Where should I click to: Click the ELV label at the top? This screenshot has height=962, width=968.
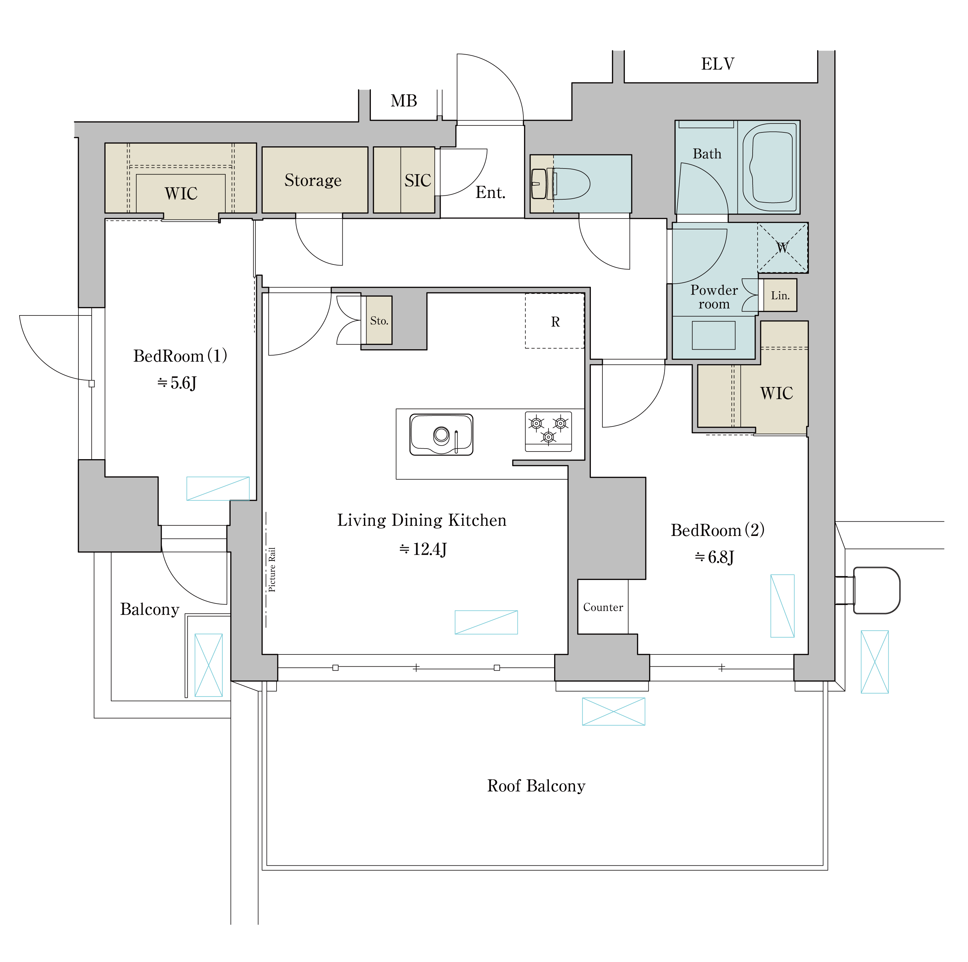[x=718, y=64]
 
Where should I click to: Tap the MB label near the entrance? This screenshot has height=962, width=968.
[x=404, y=101]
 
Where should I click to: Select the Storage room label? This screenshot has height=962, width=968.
[x=313, y=180]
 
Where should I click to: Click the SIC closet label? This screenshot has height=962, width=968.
[x=418, y=180]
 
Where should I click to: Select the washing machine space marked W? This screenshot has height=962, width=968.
[x=782, y=248]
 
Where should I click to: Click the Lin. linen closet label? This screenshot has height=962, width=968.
[x=780, y=296]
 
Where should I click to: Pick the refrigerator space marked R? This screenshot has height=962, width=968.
[x=555, y=321]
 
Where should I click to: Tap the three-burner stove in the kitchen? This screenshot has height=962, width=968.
[x=549, y=431]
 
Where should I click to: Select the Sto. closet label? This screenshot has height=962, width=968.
[x=379, y=321]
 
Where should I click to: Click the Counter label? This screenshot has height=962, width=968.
[x=603, y=607]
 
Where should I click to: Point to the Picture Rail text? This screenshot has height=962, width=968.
[x=272, y=569]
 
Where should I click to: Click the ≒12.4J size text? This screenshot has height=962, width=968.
[x=423, y=550]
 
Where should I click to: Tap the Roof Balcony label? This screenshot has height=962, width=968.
[x=536, y=786]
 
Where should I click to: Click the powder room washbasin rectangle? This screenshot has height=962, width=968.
[x=714, y=335]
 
